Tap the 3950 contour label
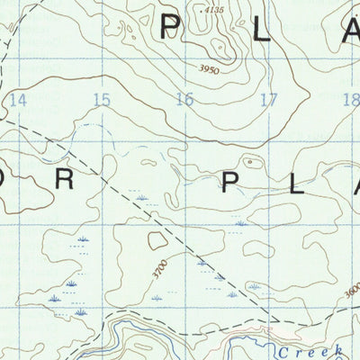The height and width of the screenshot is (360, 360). pos(209,67)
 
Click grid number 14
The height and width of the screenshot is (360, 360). pos(17,99)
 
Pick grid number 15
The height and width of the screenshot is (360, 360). pos(101,99)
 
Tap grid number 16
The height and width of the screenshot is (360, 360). pos(184,99)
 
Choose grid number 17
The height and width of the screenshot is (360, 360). pos(267,99)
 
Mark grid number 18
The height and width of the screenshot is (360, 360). pos(351,99)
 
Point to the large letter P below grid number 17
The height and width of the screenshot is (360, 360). pos(231,184)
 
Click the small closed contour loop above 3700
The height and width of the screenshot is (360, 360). pos(158,239)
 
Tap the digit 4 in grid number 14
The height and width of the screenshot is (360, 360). pos(22,99)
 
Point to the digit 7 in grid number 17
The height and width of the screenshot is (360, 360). pos(272,99)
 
